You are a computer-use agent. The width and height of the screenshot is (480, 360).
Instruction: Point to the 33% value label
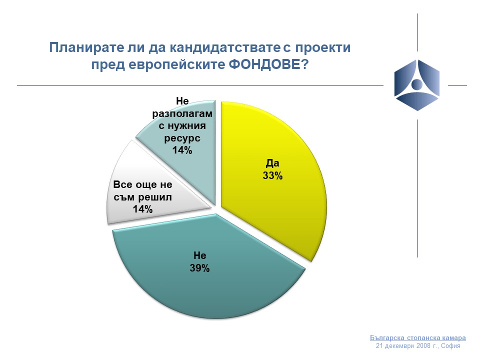tap(272, 175)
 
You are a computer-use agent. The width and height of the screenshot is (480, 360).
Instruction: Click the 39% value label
tap(199, 268)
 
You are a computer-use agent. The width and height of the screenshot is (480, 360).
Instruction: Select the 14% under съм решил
tap(142, 209)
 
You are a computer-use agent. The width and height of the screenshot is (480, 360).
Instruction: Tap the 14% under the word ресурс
tap(182, 150)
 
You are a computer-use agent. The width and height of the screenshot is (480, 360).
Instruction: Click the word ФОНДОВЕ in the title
tap(268, 64)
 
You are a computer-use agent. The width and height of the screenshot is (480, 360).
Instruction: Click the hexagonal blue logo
tap(417, 85)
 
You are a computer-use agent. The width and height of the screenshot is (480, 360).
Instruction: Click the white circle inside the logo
tap(417, 84)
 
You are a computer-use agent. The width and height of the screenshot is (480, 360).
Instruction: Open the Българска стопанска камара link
tap(418, 337)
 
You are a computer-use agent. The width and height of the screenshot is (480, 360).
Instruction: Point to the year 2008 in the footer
tap(423, 346)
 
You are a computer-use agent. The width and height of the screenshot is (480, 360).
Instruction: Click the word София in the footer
tap(450, 346)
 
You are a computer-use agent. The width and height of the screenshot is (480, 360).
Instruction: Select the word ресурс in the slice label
tap(182, 138)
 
